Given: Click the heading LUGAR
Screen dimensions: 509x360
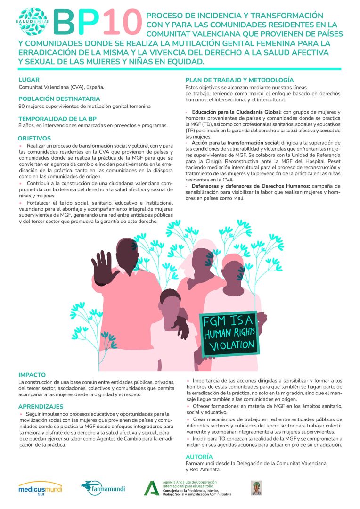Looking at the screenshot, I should coord(29,80).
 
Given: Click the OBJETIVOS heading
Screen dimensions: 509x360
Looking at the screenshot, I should coord(34,138).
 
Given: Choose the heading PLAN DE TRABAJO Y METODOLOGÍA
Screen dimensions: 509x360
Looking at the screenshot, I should coord(239,80).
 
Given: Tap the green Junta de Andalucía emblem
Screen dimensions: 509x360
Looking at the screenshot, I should coord(152,488).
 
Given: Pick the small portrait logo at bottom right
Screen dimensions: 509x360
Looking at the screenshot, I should coord(256,488).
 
